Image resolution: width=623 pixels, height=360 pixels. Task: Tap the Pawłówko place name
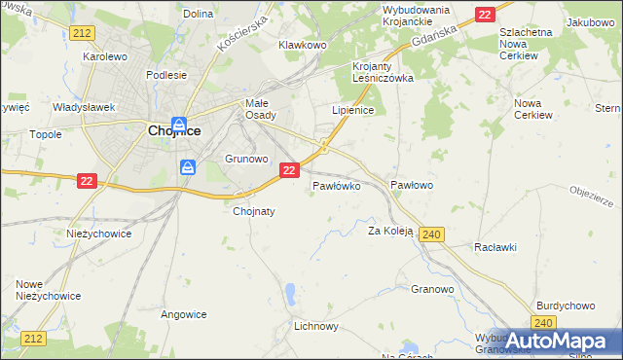pyautogui.click(x=337, y=184)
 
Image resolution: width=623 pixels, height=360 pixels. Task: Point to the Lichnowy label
pyautogui.click(x=315, y=327)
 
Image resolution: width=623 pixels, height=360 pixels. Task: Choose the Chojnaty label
pyautogui.click(x=254, y=210)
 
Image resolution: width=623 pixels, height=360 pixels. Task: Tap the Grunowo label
pyautogui.click(x=245, y=158)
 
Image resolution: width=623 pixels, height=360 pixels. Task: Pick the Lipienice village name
pyautogui.click(x=352, y=111)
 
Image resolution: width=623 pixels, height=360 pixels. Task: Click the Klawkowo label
pyautogui.click(x=301, y=45)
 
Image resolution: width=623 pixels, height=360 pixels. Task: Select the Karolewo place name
pyautogui.click(x=105, y=56)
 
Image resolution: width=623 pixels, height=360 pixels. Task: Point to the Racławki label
pyautogui.click(x=496, y=247)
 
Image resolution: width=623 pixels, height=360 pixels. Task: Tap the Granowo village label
pyautogui.click(x=432, y=289)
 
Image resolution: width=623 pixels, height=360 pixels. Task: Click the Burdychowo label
pyautogui.click(x=564, y=305)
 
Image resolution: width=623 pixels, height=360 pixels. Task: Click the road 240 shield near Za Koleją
pyautogui.click(x=434, y=234)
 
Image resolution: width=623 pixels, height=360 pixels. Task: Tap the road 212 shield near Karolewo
pyautogui.click(x=82, y=33)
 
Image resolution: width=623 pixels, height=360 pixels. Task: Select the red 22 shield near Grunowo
pyautogui.click(x=288, y=170)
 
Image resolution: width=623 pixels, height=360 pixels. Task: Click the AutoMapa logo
pyautogui.click(x=555, y=341)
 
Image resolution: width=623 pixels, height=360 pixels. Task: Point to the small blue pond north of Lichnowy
pyautogui.click(x=290, y=292)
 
